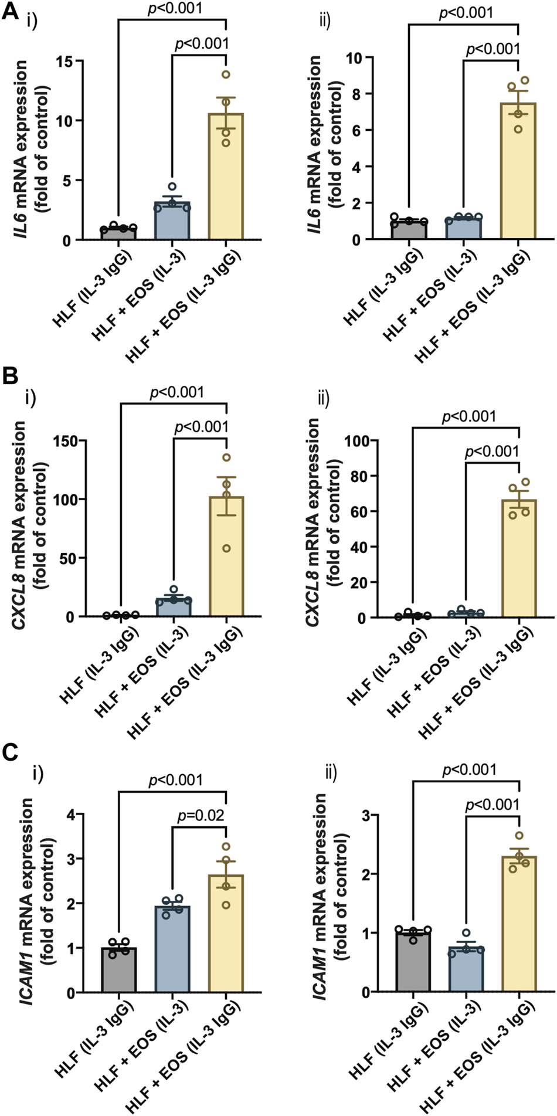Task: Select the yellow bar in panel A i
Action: pos(226,176)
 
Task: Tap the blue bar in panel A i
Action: pos(172,221)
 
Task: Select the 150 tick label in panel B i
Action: pos(66,440)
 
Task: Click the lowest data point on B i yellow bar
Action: pos(226,549)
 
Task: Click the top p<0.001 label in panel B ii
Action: pos(468,417)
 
